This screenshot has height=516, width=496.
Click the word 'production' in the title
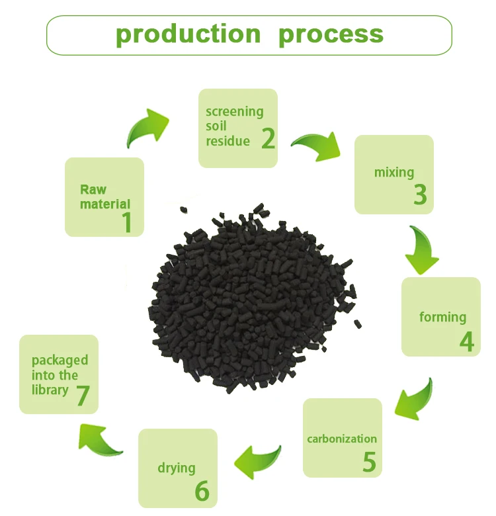(188, 34)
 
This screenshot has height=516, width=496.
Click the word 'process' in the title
(331, 34)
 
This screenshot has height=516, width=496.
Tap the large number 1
(126, 222)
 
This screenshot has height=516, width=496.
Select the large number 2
(268, 138)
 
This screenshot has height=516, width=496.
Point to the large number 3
(420, 194)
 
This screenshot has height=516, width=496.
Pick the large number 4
(467, 341)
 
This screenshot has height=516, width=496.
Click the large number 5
(369, 462)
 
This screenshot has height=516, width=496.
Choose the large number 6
(202, 492)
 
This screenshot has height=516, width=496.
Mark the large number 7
(83, 396)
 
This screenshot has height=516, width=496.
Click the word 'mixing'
(394, 173)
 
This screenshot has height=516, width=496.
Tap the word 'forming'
(442, 317)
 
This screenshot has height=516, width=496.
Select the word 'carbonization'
(342, 439)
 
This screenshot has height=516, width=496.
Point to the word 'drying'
(177, 468)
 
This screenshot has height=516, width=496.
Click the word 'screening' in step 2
(234, 111)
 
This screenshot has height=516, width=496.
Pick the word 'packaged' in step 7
(60, 361)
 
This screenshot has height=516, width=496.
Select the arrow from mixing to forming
(422, 250)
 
